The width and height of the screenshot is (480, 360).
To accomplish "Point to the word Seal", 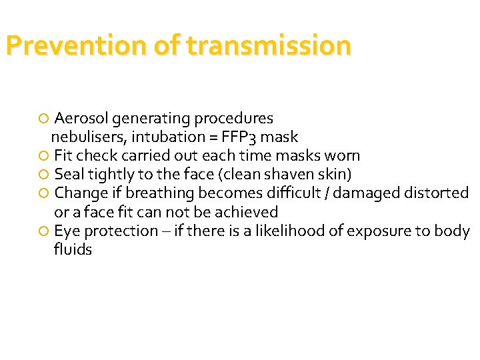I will pyautogui.click(x=69, y=175).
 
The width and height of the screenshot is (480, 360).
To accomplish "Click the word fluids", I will pyautogui.click(x=73, y=250).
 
